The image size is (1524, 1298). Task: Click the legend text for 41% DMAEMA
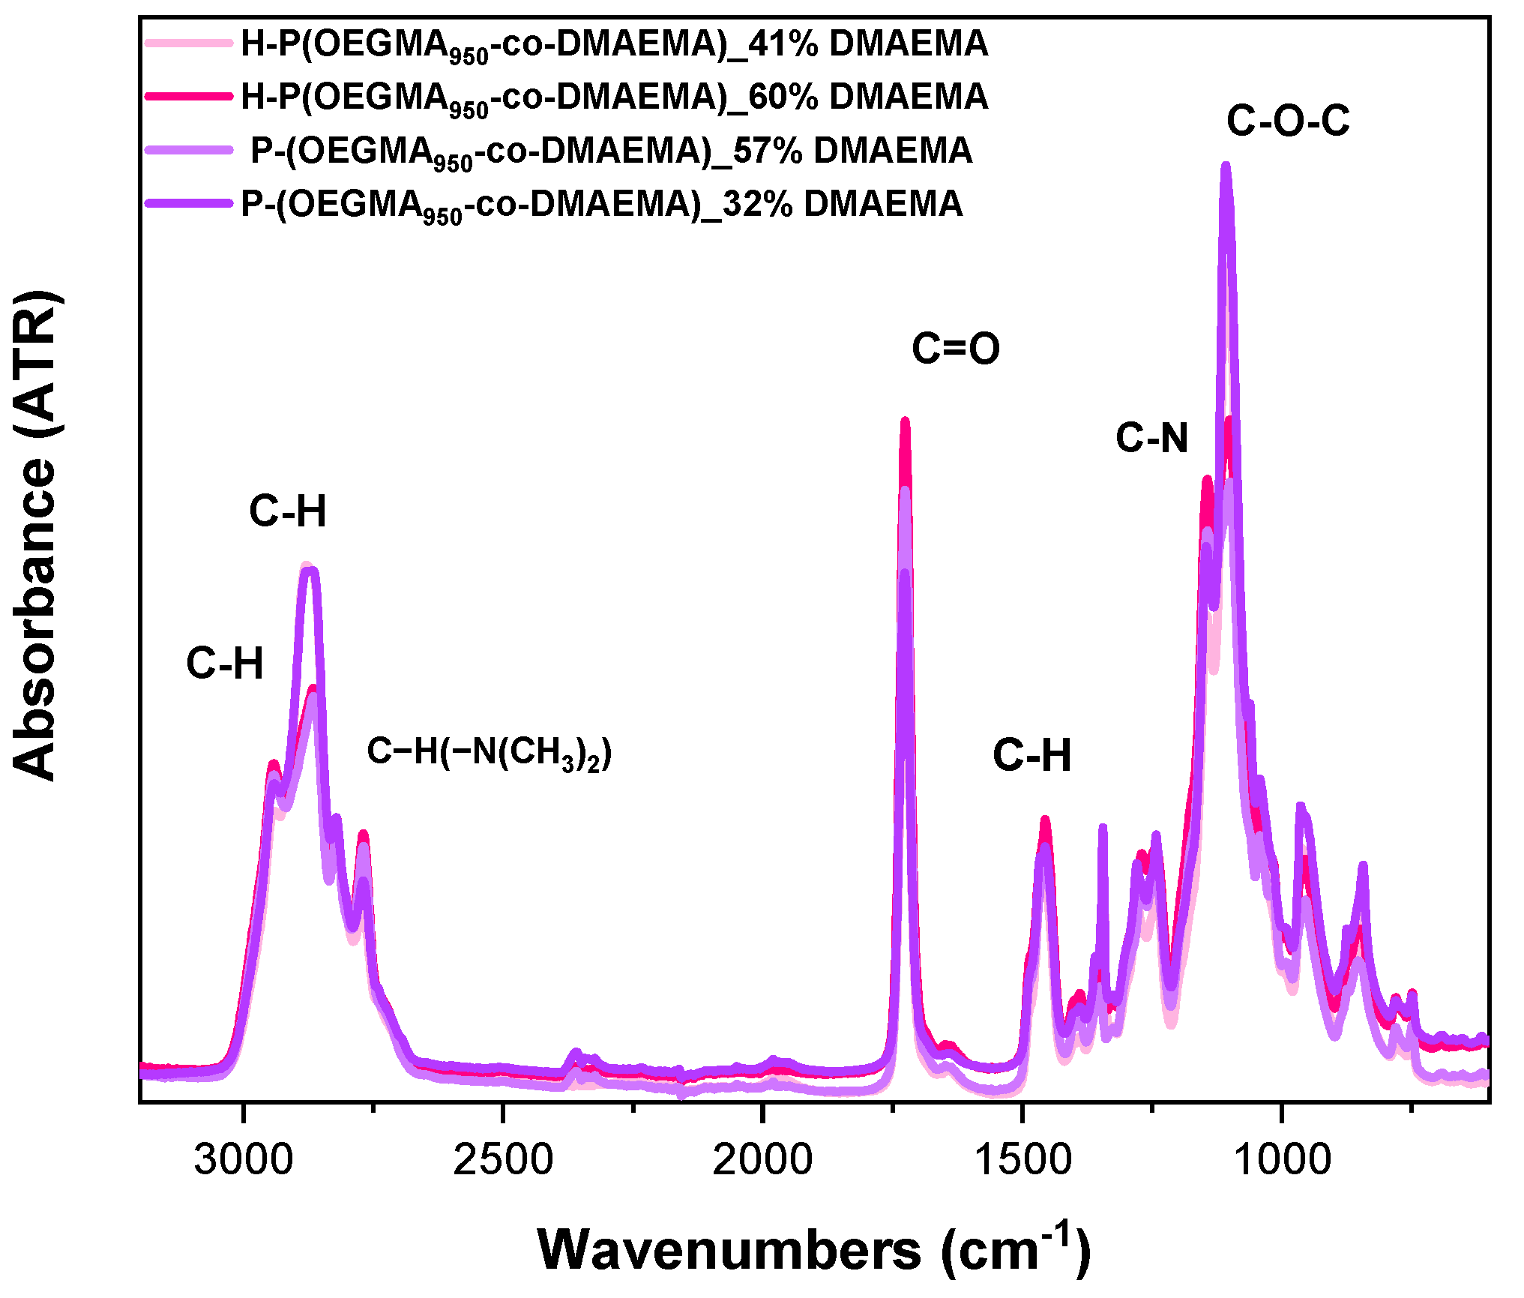614,44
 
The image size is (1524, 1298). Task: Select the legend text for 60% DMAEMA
614,97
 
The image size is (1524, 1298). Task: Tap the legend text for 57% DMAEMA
611,151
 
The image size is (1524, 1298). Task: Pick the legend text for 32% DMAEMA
601,205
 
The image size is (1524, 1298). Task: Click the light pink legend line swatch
188,43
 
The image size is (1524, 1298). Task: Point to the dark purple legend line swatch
188,203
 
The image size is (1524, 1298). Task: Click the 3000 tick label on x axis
243,1159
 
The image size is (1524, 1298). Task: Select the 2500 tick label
503,1159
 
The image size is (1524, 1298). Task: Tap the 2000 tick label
762,1159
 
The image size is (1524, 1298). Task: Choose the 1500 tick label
1022,1159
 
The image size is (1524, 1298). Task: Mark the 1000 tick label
1282,1159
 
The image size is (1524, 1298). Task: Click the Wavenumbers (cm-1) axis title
814,1249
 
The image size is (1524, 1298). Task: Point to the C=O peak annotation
955,349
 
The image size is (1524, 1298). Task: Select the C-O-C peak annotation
1287,121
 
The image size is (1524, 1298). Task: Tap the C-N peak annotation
1151,438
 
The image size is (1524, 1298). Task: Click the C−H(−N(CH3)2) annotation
489,752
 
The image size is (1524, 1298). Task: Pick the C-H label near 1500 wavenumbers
1031,755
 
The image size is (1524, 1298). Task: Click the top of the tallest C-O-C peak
1226,166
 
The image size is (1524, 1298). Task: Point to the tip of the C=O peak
905,421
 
